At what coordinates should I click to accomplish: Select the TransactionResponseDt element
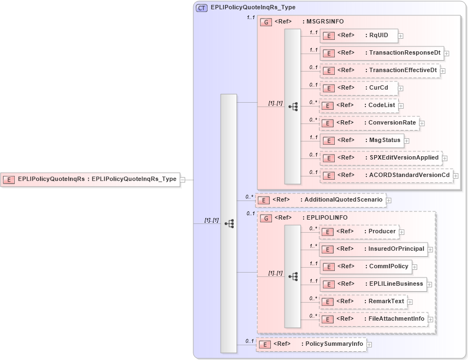(x=382, y=53)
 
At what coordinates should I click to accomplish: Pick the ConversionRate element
(x=369, y=123)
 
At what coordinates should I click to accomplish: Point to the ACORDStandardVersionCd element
(x=386, y=175)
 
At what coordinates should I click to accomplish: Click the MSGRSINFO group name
(x=326, y=21)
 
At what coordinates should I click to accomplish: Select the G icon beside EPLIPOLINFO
(x=266, y=218)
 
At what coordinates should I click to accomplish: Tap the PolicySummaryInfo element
(x=311, y=344)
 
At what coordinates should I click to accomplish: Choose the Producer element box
(x=359, y=232)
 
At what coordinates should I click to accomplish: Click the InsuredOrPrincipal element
(x=373, y=249)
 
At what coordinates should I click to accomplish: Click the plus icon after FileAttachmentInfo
(x=431, y=319)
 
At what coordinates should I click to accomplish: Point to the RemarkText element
(x=363, y=302)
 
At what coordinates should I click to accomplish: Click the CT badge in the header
(x=202, y=8)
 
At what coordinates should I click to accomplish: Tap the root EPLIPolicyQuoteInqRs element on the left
(x=90, y=179)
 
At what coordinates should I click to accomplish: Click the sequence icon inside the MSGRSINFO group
(x=293, y=107)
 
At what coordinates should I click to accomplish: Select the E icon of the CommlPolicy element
(x=329, y=267)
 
